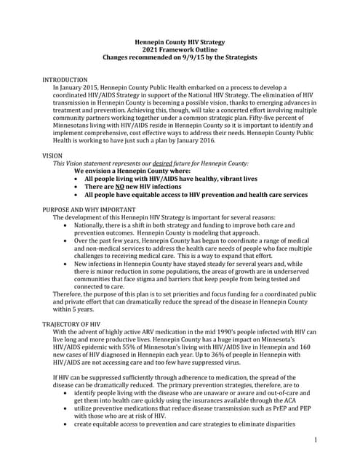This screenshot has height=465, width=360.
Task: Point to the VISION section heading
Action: pyautogui.click(x=52, y=156)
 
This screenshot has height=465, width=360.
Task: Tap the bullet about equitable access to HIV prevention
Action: pyautogui.click(x=196, y=195)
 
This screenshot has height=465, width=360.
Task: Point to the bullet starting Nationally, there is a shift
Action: pyautogui.click(x=189, y=230)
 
